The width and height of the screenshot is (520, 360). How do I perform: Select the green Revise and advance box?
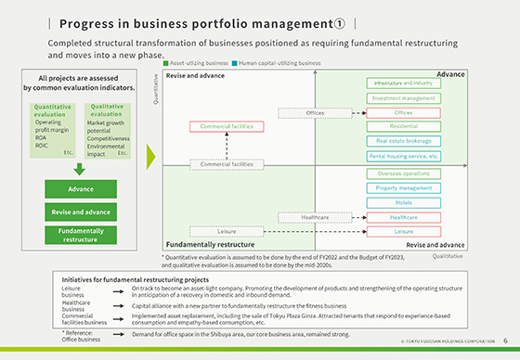[x=81, y=212]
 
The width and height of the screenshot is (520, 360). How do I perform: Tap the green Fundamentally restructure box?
[x=81, y=236]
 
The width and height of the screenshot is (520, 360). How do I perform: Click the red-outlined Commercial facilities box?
[x=226, y=126]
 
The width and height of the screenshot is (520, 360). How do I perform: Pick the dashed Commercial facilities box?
[x=227, y=164]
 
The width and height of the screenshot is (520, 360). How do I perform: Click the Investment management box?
[x=403, y=97]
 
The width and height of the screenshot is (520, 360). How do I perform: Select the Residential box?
[x=403, y=126]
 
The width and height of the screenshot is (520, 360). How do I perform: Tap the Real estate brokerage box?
[x=403, y=141]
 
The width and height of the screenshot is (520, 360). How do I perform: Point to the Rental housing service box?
[x=403, y=156]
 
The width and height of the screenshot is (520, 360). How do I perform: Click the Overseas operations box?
[x=403, y=174]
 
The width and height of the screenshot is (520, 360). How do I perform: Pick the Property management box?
[x=403, y=187]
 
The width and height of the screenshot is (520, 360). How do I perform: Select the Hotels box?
[x=403, y=201]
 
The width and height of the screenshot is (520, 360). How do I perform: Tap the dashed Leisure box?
[x=227, y=230]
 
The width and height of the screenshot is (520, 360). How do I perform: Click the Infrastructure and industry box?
[x=403, y=83]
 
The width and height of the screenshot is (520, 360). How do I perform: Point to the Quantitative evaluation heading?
[x=45, y=111]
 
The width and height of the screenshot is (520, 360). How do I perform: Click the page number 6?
[x=504, y=341]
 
